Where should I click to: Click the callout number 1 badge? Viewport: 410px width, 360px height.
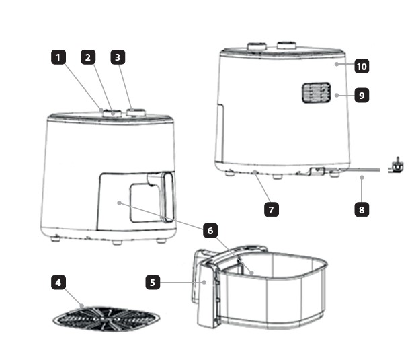click(58, 57)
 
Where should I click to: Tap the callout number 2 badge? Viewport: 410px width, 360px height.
click(88, 57)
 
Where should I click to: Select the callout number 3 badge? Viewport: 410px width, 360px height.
click(118, 57)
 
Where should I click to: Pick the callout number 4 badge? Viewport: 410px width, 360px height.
click(58, 283)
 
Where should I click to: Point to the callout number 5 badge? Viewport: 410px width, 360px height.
click(153, 282)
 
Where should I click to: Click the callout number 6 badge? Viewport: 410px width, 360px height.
click(210, 231)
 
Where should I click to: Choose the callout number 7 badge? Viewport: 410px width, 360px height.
click(272, 209)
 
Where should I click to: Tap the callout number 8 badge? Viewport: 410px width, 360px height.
click(362, 209)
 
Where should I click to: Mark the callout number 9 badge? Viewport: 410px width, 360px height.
click(362, 95)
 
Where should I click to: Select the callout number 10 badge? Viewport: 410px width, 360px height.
click(362, 66)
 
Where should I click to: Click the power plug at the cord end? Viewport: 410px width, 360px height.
click(396, 166)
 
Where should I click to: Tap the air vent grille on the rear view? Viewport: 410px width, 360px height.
click(317, 93)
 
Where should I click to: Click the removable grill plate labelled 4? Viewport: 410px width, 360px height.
click(106, 319)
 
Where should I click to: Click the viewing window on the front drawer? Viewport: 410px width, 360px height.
click(145, 203)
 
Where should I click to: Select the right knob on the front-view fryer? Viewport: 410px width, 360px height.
click(136, 113)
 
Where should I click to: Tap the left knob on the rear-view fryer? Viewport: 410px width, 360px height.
click(257, 46)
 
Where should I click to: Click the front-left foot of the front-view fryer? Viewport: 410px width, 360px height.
click(55, 238)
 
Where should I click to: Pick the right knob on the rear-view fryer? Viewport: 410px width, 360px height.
click(287, 45)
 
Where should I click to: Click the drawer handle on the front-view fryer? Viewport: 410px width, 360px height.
click(168, 197)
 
